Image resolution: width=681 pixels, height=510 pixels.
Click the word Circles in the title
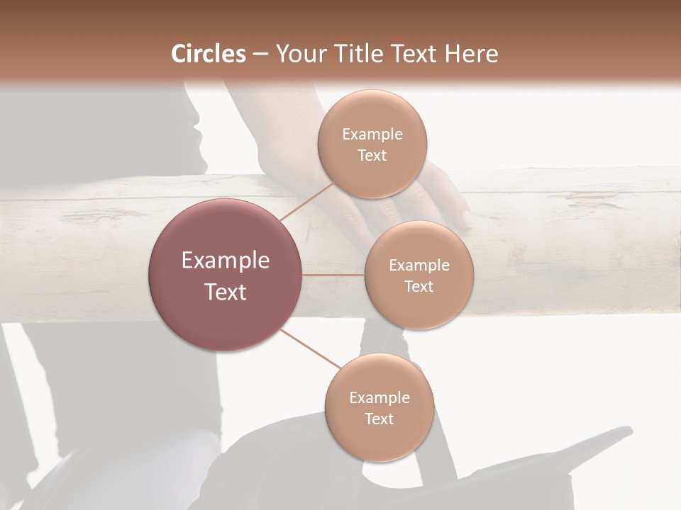(x=208, y=54)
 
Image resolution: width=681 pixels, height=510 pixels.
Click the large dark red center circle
(x=225, y=275)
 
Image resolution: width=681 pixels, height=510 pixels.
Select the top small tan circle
(x=372, y=143)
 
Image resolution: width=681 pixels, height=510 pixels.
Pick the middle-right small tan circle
(x=419, y=275)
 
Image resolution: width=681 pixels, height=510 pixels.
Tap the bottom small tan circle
(x=379, y=407)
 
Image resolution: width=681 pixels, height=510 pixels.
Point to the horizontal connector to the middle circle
(x=333, y=275)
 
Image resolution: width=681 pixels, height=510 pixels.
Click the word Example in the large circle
(x=225, y=261)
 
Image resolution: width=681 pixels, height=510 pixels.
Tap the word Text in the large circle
(x=225, y=291)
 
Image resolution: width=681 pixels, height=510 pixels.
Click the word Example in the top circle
(x=372, y=134)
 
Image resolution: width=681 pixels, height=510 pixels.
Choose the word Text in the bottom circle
(x=379, y=419)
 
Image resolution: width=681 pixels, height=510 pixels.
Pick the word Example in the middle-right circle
(x=419, y=265)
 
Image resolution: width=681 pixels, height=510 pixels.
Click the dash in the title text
(x=260, y=54)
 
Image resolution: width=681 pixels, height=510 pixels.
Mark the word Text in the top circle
(x=372, y=155)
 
